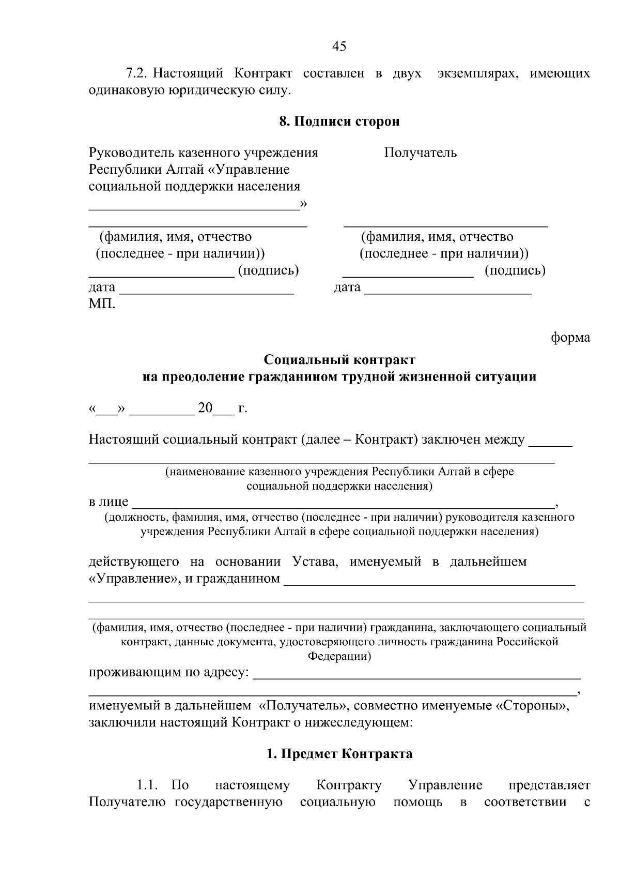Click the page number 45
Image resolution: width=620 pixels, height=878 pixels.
[x=339, y=47]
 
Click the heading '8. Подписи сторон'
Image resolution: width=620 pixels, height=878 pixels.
[x=339, y=122]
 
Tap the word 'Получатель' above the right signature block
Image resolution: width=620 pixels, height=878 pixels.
[x=420, y=153]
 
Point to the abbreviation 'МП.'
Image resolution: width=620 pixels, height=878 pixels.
[x=102, y=304]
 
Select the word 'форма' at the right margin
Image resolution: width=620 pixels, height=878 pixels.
[x=570, y=338]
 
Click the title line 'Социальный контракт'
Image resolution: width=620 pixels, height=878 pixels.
[x=339, y=359]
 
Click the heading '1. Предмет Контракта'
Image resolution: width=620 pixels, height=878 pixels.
[x=339, y=754]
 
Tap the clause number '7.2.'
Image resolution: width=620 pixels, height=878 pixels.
[x=137, y=73]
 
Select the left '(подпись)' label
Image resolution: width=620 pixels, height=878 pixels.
[x=268, y=270]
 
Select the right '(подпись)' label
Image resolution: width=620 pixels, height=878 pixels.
[x=515, y=270]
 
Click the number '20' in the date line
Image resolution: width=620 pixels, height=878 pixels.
[x=205, y=408]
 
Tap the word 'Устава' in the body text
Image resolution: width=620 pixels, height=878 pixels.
[x=315, y=562]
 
